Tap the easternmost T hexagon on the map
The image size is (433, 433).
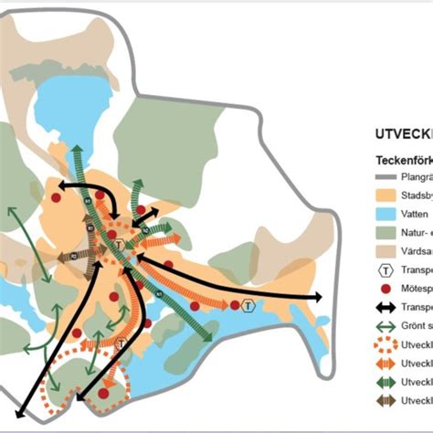click(248, 304)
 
